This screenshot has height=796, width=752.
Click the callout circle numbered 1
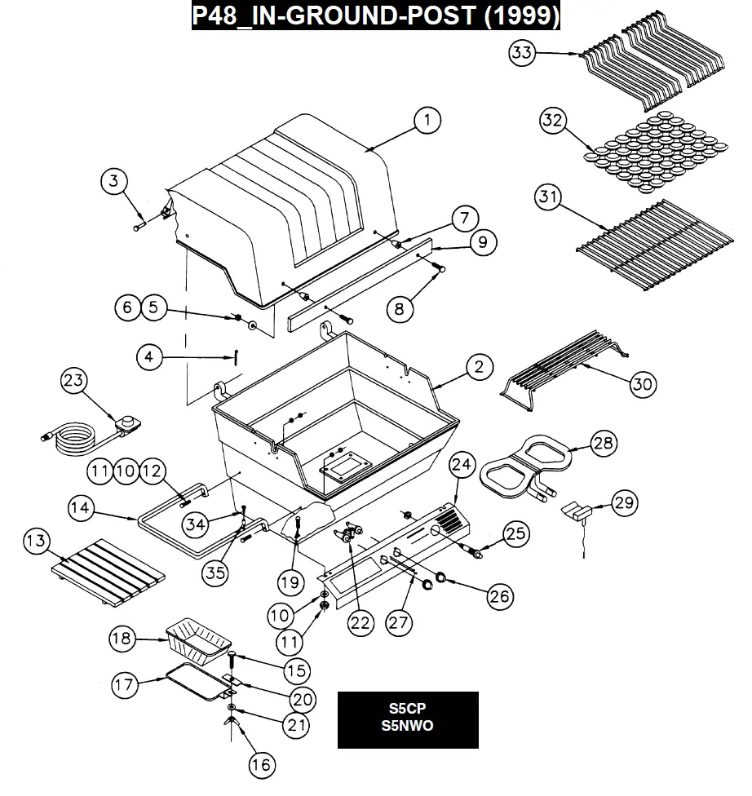coord(427,121)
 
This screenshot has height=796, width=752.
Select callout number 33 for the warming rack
coord(522,52)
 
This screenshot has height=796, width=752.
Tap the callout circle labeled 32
coord(552,121)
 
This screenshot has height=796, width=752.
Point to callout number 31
coord(548,197)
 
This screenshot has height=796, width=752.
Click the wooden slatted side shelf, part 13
coord(108,573)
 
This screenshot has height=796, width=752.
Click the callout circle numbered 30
coord(643,384)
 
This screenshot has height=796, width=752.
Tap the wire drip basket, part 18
coord(198,641)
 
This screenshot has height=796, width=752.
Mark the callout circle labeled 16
coord(262,765)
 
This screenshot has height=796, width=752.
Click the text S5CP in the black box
coord(407,708)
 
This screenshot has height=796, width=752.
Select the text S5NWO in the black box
coord(407,726)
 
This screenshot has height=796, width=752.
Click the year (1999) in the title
coord(522,15)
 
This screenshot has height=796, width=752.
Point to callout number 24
coord(462,465)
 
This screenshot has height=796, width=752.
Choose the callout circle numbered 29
coord(624,502)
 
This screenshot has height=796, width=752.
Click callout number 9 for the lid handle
coord(482,243)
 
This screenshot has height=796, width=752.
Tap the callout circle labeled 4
coord(149,357)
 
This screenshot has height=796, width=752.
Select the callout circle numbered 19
coord(290,582)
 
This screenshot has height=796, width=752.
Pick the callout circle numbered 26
coord(500,596)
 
